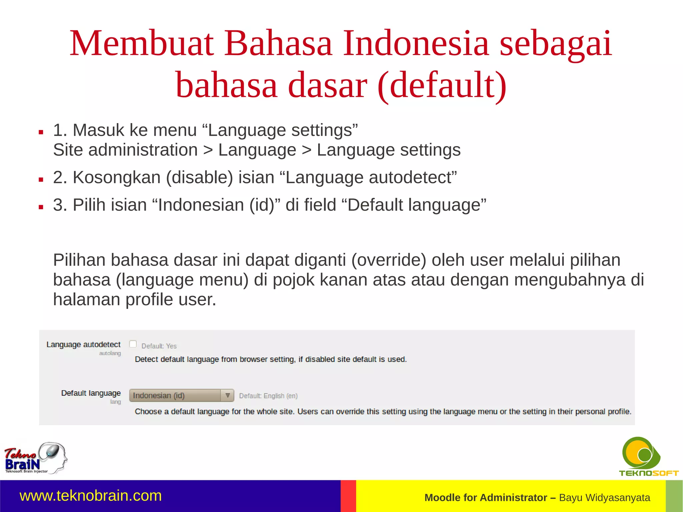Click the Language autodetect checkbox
[x=133, y=344]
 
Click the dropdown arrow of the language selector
[x=227, y=396]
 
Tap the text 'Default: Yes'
[x=159, y=346]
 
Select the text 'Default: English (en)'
[x=268, y=396]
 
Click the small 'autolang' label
[x=110, y=353]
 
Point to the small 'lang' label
[x=115, y=402]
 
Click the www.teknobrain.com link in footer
[x=91, y=496]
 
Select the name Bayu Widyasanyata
[x=604, y=498]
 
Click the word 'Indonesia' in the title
[x=416, y=43]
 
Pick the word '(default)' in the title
[x=442, y=85]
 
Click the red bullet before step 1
[x=41, y=132]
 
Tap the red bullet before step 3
[x=41, y=207]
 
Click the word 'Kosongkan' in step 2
[x=117, y=177]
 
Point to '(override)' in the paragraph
[x=389, y=260]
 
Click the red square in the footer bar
[x=348, y=496]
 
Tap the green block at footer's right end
[x=674, y=496]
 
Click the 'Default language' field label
[x=91, y=393]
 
